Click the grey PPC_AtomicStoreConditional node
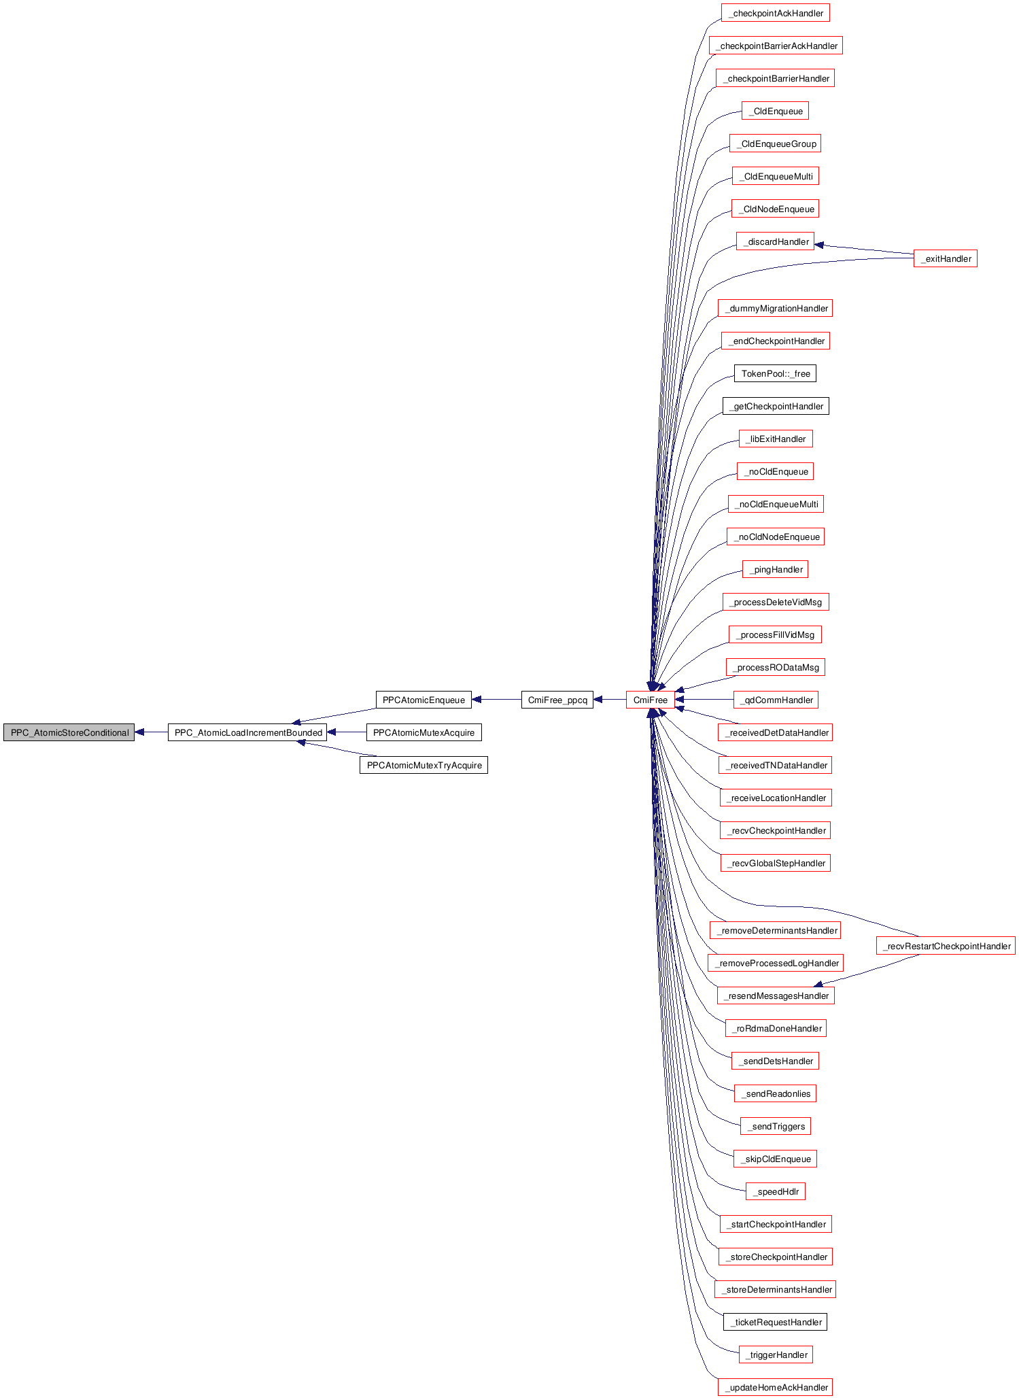69,732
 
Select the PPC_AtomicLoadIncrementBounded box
248,732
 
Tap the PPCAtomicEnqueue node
424,700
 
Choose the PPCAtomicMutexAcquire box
424,732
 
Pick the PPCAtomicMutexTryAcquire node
424,765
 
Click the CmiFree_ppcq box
557,700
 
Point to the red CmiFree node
650,700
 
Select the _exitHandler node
946,258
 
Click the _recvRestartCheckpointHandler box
946,946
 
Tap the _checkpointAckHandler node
775,13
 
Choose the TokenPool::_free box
775,373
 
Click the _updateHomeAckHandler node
775,1387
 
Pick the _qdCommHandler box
775,700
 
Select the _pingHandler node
775,569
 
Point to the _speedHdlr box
775,1191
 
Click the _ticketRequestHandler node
775,1322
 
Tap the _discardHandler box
775,241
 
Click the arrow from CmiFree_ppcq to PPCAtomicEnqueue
496,700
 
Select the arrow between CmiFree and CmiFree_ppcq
610,700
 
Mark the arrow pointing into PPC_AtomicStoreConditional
151,732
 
